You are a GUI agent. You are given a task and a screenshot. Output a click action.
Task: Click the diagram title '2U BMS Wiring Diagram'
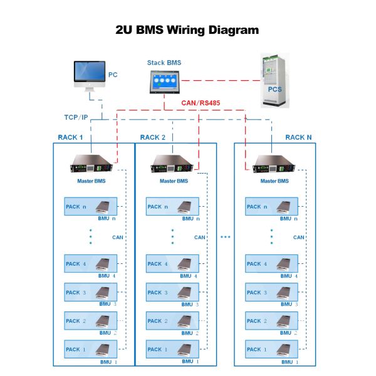[187, 29]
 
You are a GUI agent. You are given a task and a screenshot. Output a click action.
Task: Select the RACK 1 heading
[71, 137]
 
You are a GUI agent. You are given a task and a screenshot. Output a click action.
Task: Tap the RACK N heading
[298, 137]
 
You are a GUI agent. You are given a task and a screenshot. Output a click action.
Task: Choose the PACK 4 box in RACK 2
[172, 264]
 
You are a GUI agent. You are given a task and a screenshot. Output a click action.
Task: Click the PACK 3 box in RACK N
[271, 293]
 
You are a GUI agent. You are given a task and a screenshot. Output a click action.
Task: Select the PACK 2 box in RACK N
[271, 321]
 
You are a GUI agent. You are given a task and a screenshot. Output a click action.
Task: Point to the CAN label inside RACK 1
[118, 238]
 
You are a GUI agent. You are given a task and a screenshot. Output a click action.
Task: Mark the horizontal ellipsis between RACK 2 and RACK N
[226, 237]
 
